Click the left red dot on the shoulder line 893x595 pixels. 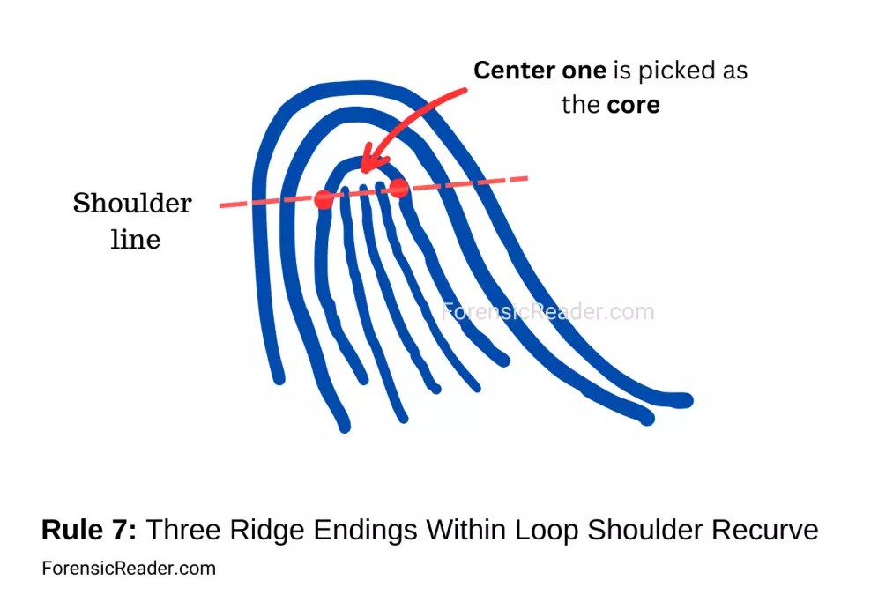324,199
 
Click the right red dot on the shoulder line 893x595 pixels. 399,188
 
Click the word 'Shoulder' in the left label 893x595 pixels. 132,204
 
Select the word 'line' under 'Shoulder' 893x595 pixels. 135,239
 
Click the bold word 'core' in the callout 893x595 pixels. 633,105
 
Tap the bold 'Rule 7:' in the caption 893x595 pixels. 89,531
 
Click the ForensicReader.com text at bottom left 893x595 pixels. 129,569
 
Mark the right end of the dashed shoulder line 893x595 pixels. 526,178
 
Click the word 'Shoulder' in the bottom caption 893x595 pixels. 643,531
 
